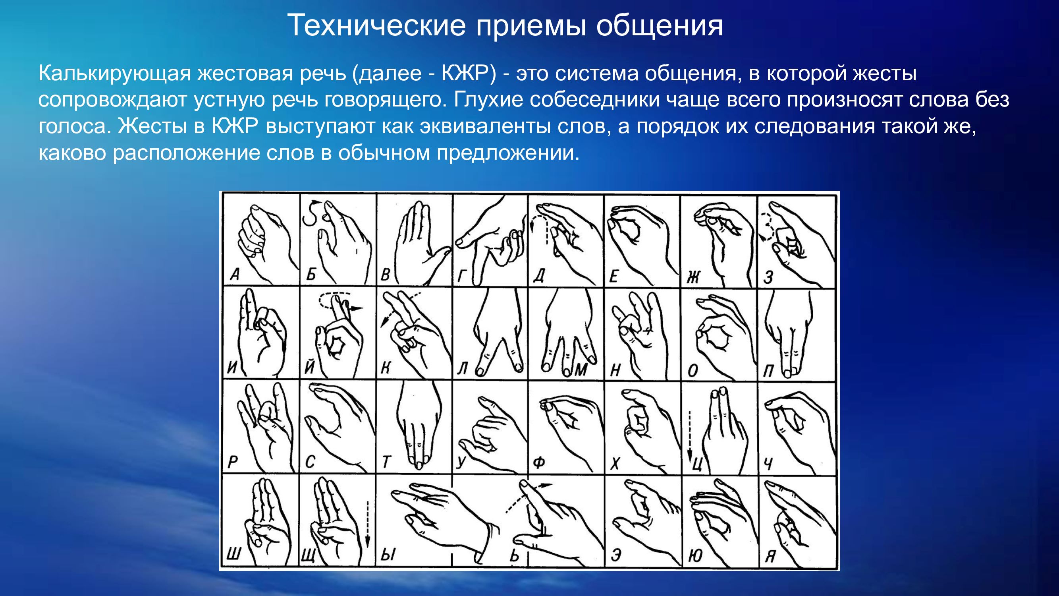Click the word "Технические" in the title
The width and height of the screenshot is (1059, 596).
pyautogui.click(x=376, y=25)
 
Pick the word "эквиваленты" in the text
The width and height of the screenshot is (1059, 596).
pyautogui.click(x=485, y=126)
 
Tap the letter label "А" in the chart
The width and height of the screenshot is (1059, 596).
pyautogui.click(x=235, y=274)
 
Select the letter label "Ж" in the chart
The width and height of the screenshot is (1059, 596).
pyautogui.click(x=693, y=278)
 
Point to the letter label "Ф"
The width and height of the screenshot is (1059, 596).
pyautogui.click(x=539, y=462)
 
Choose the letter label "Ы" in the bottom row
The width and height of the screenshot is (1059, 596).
pyautogui.click(x=388, y=555)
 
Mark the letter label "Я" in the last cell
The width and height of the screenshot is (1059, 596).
pyautogui.click(x=770, y=557)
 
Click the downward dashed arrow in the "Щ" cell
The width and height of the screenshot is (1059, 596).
pyautogui.click(x=368, y=525)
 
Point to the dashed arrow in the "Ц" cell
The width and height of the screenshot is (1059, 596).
pyautogui.click(x=690, y=436)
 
